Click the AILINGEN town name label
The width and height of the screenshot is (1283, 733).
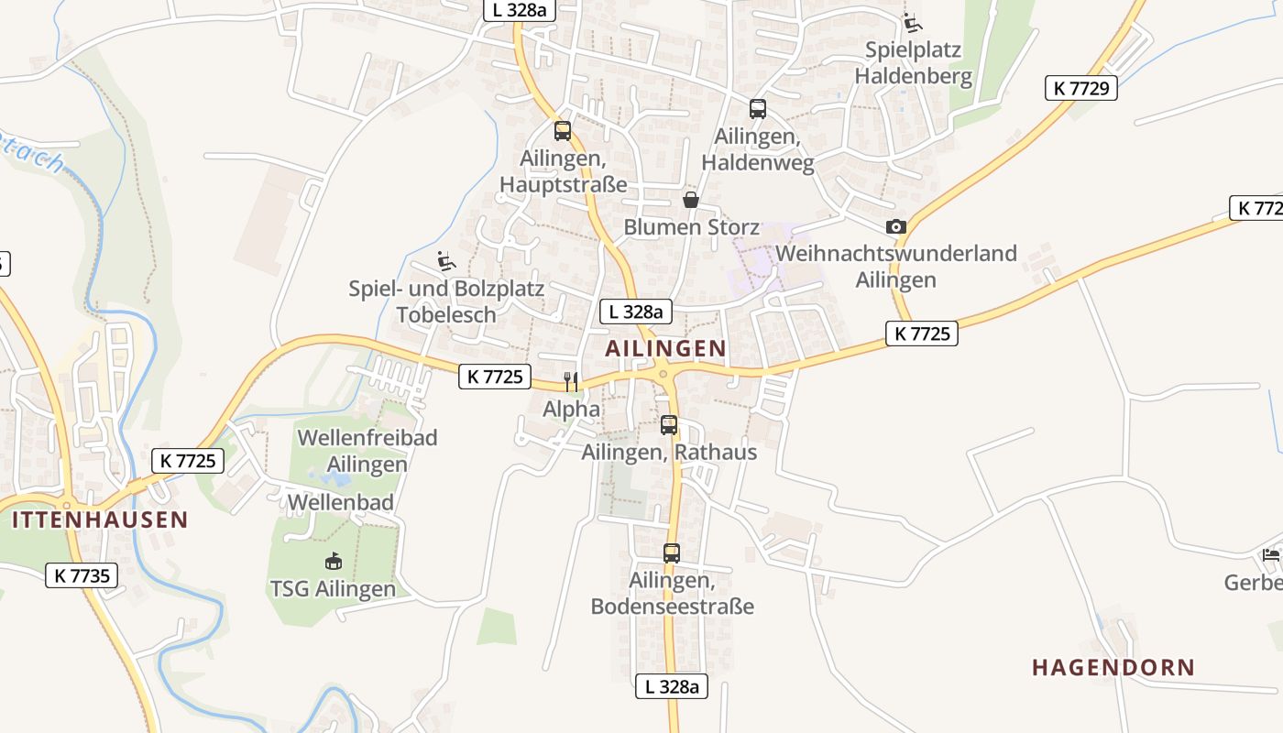(665, 348)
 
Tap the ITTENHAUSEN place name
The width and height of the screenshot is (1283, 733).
(100, 520)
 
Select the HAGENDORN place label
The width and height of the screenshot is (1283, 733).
(1113, 667)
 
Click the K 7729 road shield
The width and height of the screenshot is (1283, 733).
(1080, 88)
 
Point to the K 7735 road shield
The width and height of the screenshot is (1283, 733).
(82, 575)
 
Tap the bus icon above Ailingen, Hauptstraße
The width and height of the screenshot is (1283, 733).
(563, 130)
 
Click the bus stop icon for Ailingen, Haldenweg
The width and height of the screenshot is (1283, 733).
(758, 109)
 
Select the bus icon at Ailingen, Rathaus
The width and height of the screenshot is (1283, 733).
(669, 425)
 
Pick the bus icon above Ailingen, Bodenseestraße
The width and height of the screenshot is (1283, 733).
(672, 553)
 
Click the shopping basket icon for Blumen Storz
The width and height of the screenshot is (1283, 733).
(691, 200)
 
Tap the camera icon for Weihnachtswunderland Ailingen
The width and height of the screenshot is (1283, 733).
(896, 226)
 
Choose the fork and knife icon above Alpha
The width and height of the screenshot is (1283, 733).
(571, 381)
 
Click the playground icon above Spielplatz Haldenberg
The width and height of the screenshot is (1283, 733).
(912, 22)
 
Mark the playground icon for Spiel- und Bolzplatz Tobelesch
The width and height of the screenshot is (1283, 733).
(446, 262)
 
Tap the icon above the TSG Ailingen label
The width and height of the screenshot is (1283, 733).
(333, 561)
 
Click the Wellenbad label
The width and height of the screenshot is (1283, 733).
(341, 502)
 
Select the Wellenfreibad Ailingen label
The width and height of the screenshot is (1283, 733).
(367, 451)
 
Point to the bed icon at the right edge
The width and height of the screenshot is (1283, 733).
(1271, 554)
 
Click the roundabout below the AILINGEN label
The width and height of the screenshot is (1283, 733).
(662, 371)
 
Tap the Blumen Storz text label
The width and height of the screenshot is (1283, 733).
(691, 226)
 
